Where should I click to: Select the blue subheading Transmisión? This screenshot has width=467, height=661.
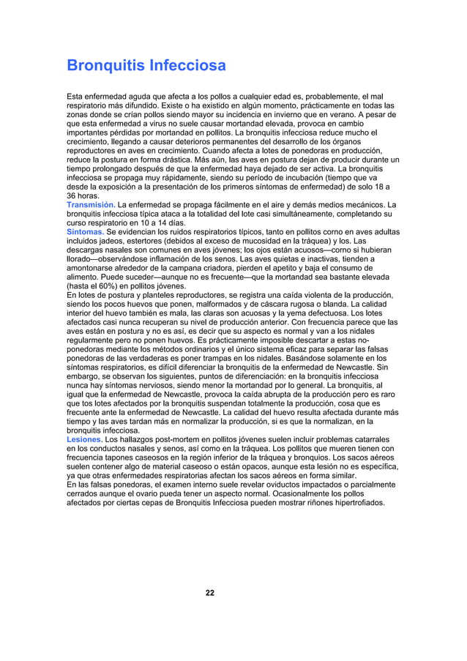[x=91, y=205]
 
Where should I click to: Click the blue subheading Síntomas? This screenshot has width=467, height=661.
[x=85, y=232]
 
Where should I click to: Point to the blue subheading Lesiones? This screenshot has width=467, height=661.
[x=84, y=440]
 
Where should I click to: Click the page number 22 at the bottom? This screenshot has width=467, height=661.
[x=210, y=592]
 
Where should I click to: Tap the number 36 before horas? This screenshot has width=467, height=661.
[x=72, y=196]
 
